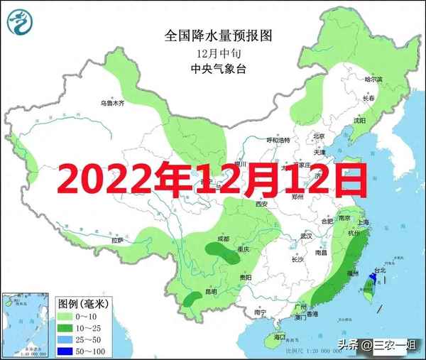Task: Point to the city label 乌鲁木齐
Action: tap(111, 104)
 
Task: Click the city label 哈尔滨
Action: tap(373, 80)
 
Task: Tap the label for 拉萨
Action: tap(117, 241)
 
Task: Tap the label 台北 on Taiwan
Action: tap(379, 271)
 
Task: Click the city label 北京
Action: tap(319, 136)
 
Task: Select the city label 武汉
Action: tap(307, 234)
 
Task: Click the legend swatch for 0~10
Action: tap(65, 315)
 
